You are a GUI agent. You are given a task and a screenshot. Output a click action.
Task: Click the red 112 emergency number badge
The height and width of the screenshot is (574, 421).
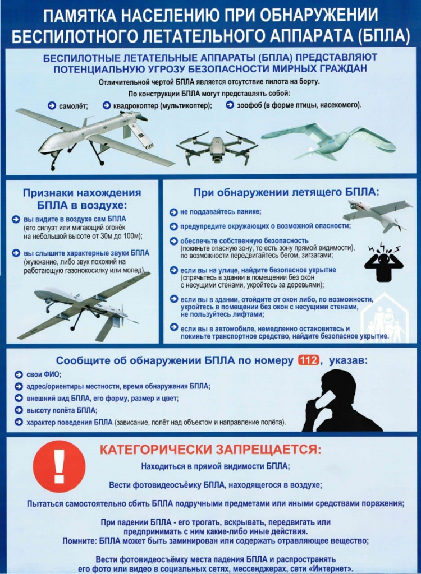tap(308, 360)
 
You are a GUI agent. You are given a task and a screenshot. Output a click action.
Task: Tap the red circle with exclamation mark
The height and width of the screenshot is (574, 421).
tap(59, 467)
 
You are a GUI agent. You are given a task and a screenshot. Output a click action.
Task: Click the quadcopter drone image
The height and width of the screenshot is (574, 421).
tap(216, 147)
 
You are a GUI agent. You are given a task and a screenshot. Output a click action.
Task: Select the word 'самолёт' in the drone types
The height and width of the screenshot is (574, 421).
tap(72, 105)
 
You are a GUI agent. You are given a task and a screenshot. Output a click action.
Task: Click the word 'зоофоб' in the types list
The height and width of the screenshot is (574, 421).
tap(250, 105)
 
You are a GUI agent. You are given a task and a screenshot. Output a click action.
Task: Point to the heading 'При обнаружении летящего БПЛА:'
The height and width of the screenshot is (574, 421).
tap(286, 192)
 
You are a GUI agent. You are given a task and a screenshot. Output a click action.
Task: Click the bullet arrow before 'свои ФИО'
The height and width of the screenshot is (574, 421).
tap(18, 374)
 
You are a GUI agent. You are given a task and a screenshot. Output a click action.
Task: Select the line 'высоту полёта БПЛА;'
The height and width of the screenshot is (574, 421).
tap(62, 410)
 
